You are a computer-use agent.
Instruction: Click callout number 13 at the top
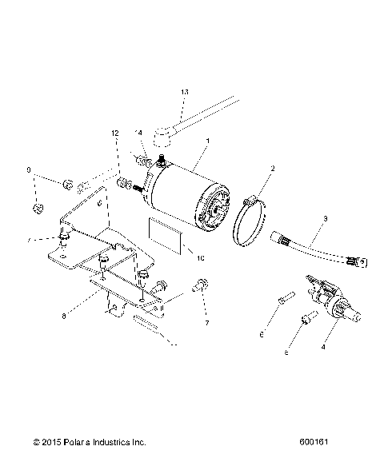[162, 94]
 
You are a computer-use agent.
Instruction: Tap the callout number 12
[115, 133]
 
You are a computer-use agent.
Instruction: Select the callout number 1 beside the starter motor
[207, 141]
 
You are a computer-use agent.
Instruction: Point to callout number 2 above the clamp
[272, 169]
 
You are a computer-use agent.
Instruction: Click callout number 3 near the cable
[325, 218]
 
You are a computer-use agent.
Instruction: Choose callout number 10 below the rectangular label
[201, 258]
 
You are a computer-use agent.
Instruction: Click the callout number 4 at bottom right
[323, 349]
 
